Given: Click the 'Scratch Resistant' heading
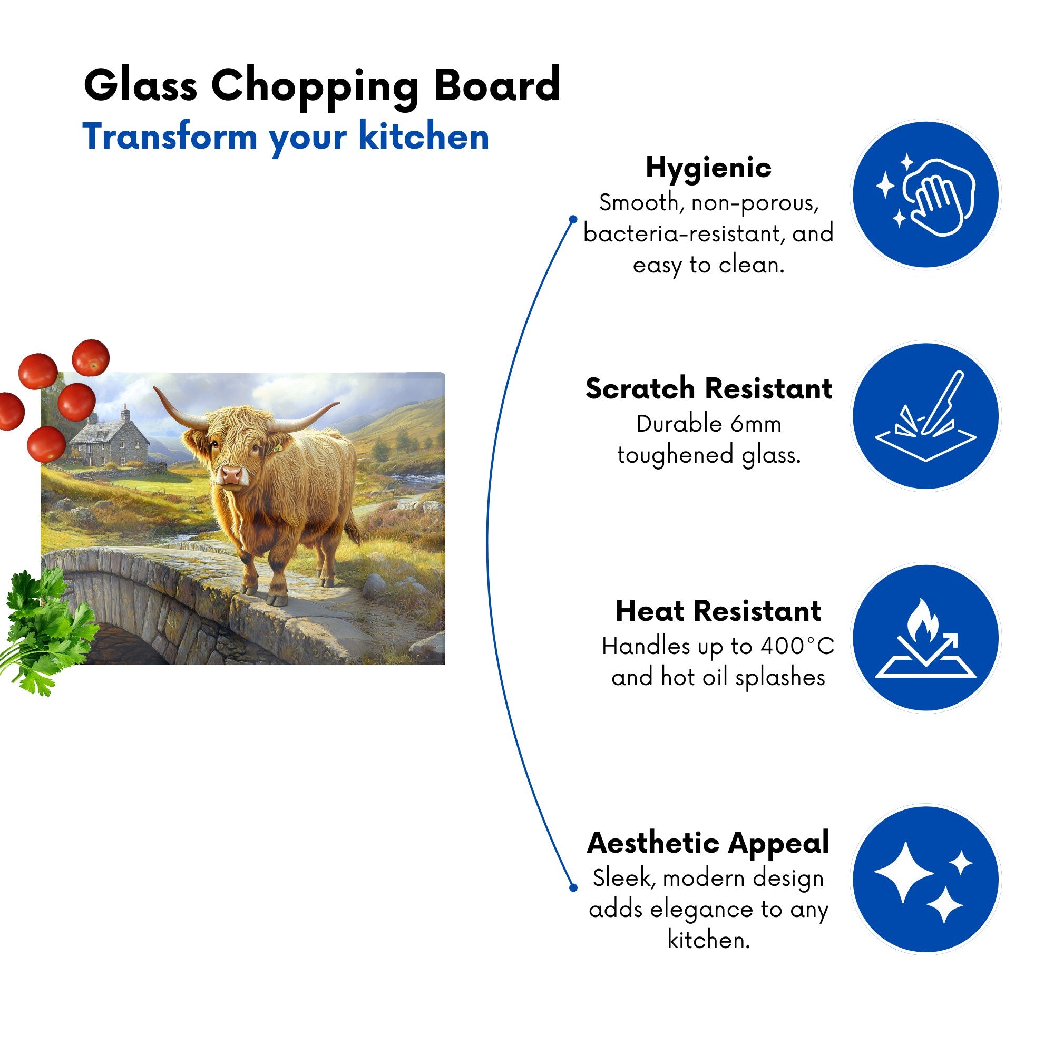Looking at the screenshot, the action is pyautogui.click(x=709, y=388).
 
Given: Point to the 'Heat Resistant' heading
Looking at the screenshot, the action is pyautogui.click(x=718, y=610).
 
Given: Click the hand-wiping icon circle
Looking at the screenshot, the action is pyautogui.click(x=926, y=195).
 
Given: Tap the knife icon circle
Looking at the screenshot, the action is pyautogui.click(x=926, y=416).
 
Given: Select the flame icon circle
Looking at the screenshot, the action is pyautogui.click(x=926, y=637).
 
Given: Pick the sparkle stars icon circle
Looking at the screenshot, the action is pyautogui.click(x=926, y=879).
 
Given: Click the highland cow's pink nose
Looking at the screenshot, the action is pyautogui.click(x=231, y=475).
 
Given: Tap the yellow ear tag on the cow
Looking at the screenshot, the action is pyautogui.click(x=278, y=448).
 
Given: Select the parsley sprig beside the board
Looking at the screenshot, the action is pyautogui.click(x=46, y=630).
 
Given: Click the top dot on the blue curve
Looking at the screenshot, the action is pyautogui.click(x=573, y=219).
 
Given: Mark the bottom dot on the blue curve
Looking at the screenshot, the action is pyautogui.click(x=573, y=887).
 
